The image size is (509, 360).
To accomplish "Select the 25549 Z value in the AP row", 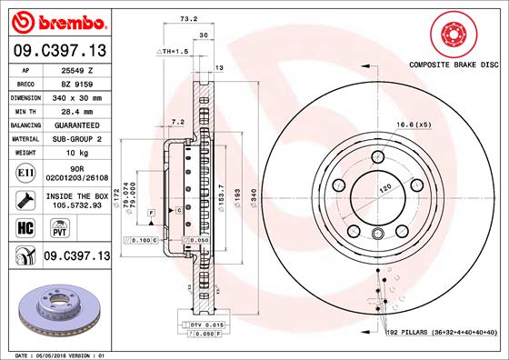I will click(x=77, y=68).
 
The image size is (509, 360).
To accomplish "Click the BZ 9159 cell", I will click(x=77, y=82).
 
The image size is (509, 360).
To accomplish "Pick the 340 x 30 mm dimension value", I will click(x=77, y=95).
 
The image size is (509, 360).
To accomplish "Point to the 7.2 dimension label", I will click(x=177, y=121).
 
